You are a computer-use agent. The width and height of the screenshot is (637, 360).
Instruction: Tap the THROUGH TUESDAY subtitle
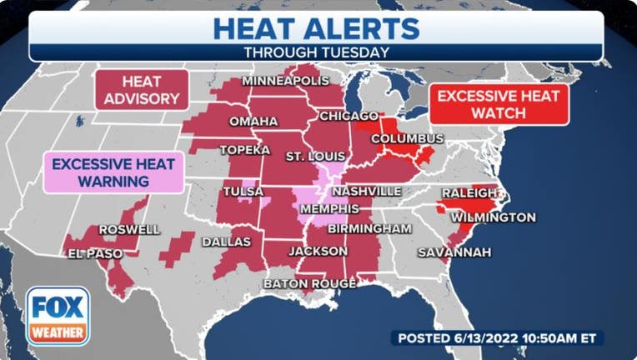click(x=316, y=52)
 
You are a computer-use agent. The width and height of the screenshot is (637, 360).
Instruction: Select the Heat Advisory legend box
click(x=141, y=90)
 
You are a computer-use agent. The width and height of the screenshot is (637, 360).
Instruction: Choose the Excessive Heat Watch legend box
click(x=499, y=103)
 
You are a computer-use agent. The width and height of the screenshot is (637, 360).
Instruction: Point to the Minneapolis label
click(x=286, y=81)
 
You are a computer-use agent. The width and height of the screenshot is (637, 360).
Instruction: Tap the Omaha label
click(x=253, y=122)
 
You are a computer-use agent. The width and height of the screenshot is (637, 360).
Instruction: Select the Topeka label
click(x=245, y=150)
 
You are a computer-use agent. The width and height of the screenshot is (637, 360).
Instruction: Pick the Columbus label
click(x=407, y=137)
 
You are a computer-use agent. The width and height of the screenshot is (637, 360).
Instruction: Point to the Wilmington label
click(x=493, y=217)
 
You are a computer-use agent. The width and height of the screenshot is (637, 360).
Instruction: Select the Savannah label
click(x=454, y=252)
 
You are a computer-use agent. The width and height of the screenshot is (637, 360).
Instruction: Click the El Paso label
click(x=95, y=253)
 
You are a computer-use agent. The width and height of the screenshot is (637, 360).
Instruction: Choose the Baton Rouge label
click(x=309, y=284)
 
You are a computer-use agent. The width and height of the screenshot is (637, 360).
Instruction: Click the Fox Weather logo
click(x=58, y=316)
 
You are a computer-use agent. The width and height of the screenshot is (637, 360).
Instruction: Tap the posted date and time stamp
click(x=497, y=338)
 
